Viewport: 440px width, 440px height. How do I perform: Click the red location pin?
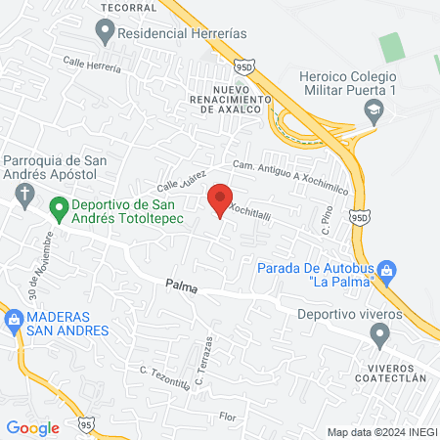point(220,199)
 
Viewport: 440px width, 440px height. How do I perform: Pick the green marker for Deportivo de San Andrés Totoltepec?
point(59,206)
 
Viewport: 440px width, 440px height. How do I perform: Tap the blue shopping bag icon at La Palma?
point(386,269)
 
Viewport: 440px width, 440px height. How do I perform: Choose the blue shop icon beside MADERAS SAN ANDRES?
point(14,318)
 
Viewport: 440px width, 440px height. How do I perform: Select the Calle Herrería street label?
point(92,64)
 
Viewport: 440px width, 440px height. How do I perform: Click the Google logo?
point(32,427)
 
